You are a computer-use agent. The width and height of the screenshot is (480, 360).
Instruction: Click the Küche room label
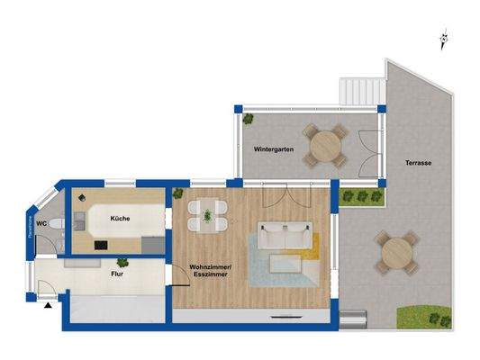coord(122,219)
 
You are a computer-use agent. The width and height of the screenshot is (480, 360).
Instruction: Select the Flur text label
coord(116,272)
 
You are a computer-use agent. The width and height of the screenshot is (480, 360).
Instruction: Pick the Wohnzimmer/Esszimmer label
coord(209,270)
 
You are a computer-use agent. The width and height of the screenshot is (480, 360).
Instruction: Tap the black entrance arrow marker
coord(46,305)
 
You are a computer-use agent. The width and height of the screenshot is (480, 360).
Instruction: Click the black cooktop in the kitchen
coord(98,243)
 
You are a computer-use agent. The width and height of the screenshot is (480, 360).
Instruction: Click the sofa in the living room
coord(285,237)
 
